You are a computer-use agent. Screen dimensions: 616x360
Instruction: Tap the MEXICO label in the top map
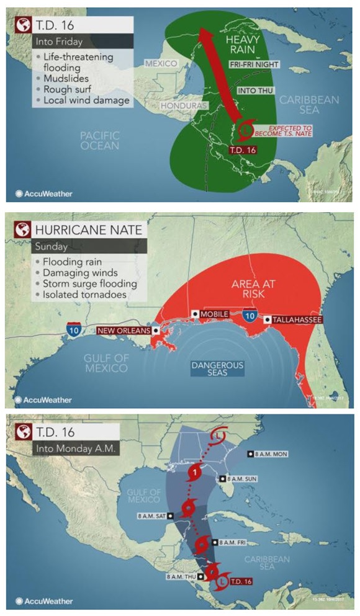161,64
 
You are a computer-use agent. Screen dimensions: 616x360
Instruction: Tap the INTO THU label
254,90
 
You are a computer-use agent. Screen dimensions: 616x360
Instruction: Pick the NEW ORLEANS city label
124,331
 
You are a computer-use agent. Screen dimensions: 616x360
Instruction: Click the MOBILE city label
215,314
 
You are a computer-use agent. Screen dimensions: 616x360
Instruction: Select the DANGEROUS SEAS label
217,368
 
